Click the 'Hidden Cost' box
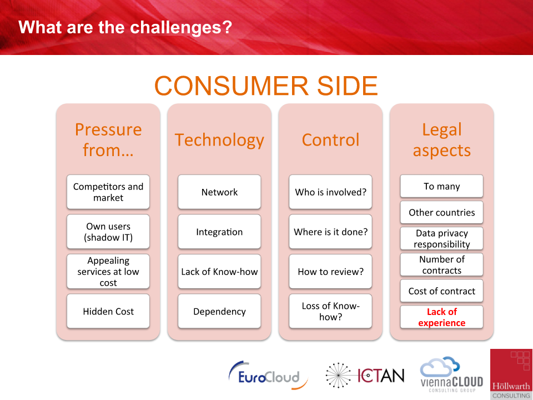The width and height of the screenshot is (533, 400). click(108, 311)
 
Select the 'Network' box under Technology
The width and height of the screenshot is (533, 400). click(219, 192)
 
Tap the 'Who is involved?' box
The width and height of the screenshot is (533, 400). click(330, 192)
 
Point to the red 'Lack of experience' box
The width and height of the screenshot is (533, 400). click(441, 317)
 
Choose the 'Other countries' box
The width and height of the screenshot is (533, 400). click(441, 212)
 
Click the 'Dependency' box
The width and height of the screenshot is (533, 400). click(219, 311)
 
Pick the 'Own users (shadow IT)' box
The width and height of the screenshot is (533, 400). click(108, 232)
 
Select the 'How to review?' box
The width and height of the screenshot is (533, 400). click(330, 272)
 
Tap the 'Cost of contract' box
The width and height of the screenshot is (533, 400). click(441, 291)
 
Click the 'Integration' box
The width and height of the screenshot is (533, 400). click(219, 232)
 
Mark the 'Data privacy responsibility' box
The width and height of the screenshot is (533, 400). click(441, 238)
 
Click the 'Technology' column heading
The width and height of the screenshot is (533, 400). click(219, 140)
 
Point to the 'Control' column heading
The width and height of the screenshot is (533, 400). click(330, 140)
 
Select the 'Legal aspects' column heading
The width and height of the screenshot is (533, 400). click(441, 140)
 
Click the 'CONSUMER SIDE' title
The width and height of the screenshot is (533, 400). click(266, 86)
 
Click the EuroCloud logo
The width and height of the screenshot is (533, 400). click(268, 376)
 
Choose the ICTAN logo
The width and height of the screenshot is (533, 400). click(365, 376)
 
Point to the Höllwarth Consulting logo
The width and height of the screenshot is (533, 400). click(511, 374)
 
